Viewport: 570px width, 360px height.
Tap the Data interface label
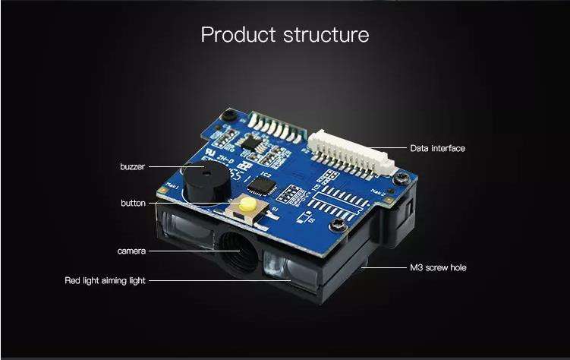click(x=437, y=148)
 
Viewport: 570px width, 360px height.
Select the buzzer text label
click(x=132, y=166)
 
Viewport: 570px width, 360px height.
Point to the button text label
click(x=133, y=203)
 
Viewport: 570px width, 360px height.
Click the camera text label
click(x=131, y=251)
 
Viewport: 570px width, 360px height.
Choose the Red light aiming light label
click(x=105, y=281)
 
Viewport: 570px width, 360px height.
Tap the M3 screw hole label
click(x=438, y=268)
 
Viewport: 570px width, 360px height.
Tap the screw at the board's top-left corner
click(x=225, y=115)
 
